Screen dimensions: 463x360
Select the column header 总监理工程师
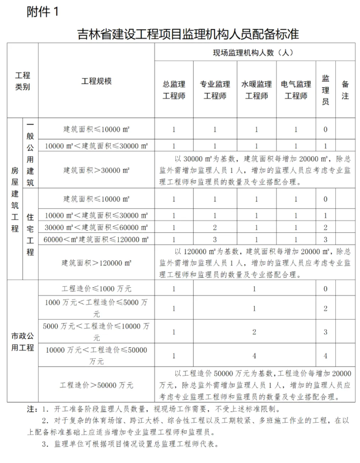coord(174,90)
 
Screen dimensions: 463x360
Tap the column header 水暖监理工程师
coord(256,90)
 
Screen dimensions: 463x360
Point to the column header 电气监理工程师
coord(296,90)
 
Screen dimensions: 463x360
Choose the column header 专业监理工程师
coord(215,90)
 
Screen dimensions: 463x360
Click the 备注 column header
coord(345,90)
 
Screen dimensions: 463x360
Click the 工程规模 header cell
coord(96,81)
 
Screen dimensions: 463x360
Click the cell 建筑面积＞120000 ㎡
coord(96,263)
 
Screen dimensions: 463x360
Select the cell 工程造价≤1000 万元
coord(96,289)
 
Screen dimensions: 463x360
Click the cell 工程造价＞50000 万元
coord(96,385)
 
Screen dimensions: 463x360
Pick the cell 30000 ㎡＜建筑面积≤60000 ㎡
coord(96,227)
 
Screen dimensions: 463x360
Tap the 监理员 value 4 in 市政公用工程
coord(325,355)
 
